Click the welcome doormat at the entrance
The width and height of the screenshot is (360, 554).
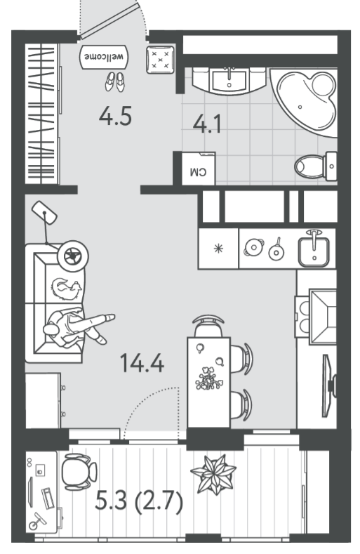coord(105,57)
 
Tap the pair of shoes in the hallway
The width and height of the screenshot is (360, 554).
coord(115,82)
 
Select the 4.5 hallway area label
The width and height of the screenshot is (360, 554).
coord(115,117)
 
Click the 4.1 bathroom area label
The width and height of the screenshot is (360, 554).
coord(207,124)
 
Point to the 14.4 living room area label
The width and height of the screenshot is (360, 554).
coord(142,363)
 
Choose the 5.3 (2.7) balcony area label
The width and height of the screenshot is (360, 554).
coord(139,501)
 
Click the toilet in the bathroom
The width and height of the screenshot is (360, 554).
coord(316,166)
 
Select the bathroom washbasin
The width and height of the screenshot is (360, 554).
coord(229,81)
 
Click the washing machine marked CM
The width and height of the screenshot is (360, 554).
coord(198,169)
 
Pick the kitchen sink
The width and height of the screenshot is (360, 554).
coord(314,249)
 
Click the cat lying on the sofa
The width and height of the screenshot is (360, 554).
coord(67,289)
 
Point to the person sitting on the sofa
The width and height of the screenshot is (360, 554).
coord(77,328)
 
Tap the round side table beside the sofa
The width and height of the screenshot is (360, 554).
coord(73,256)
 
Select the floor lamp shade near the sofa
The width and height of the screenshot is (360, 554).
coord(44,213)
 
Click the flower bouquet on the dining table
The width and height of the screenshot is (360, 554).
coord(209,378)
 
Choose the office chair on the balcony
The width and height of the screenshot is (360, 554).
coord(79,472)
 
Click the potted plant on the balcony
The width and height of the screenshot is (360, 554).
coord(213,475)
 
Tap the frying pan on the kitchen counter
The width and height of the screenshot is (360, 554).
coord(276,249)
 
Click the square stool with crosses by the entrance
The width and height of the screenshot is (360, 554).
coord(161,60)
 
